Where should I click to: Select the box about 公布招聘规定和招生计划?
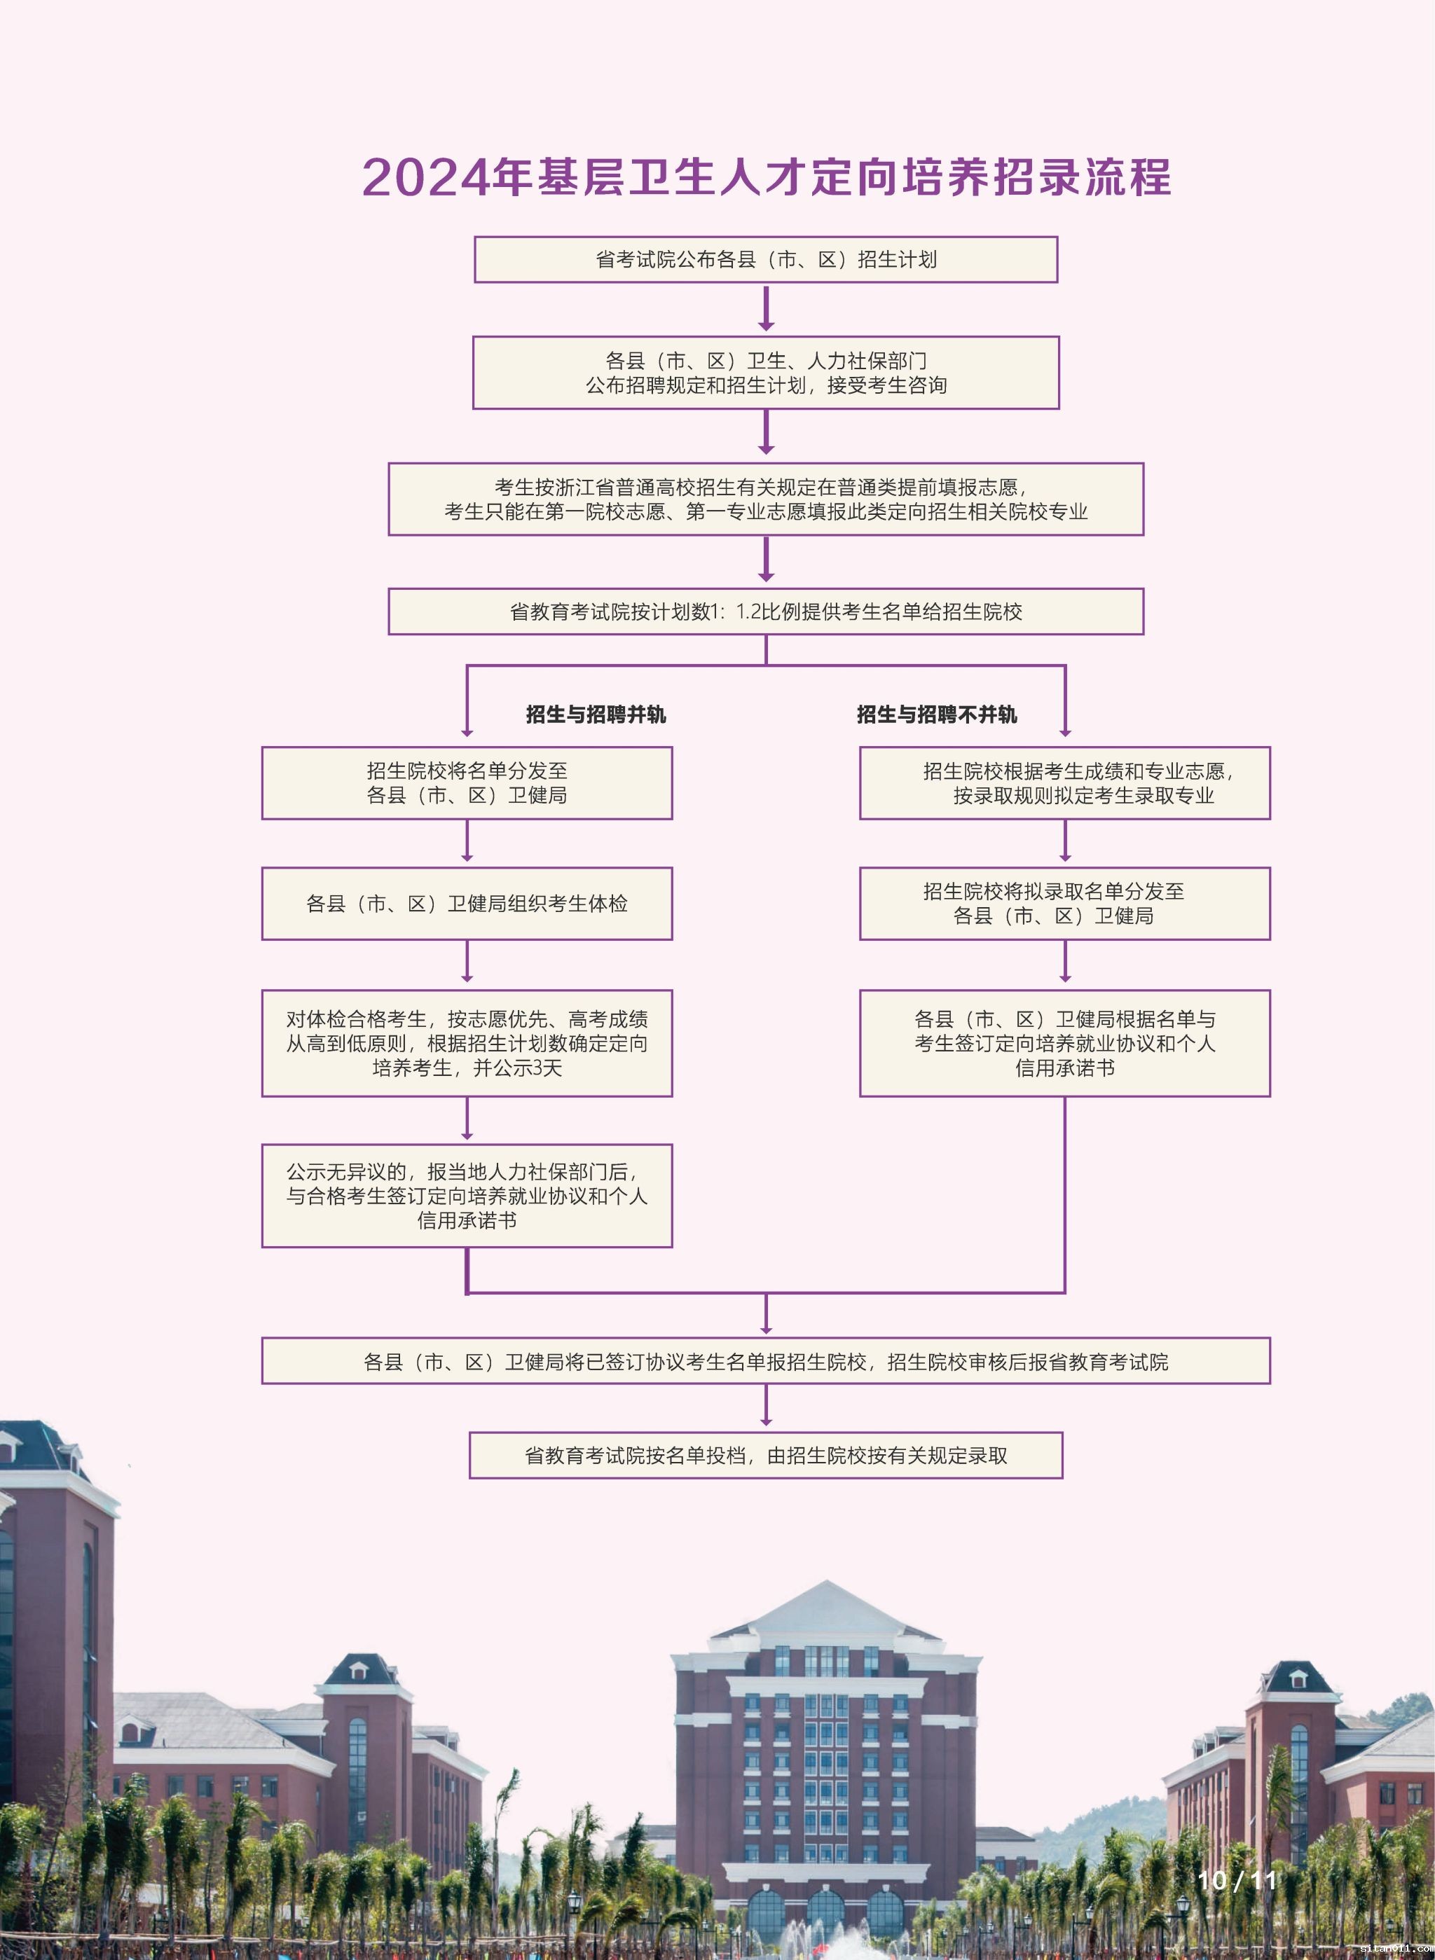pos(765,373)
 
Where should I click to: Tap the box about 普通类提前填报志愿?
pos(765,499)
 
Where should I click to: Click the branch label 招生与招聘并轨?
pos(596,715)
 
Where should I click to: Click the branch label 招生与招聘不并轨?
pos(936,715)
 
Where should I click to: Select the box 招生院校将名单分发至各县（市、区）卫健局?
pos(467,782)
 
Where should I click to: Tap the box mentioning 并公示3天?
pos(467,1043)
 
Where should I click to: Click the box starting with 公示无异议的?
pos(467,1196)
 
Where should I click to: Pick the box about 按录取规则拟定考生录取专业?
pos(1065,782)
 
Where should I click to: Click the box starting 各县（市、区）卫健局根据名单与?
pos(1065,1043)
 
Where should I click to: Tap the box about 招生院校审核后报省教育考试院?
pos(765,1362)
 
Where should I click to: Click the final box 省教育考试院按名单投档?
pos(765,1456)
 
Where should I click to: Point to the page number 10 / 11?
pos(1236,1880)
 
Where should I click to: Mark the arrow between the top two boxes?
pos(765,309)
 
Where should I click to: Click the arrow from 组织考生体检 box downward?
pos(467,962)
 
